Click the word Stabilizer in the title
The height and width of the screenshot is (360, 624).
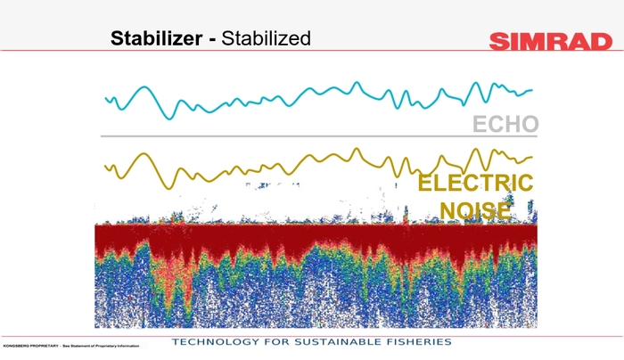(157, 38)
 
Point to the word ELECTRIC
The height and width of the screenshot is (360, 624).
(476, 184)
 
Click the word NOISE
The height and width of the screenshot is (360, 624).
(476, 211)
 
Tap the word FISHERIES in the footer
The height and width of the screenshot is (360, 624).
(423, 342)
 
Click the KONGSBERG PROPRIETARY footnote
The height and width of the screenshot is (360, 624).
(71, 346)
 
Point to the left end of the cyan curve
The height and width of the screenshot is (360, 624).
(105, 98)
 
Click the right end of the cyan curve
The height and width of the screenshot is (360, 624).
(532, 90)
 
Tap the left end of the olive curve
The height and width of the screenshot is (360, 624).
(105, 166)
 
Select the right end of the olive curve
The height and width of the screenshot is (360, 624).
(532, 158)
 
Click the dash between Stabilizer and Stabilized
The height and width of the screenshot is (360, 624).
(210, 39)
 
